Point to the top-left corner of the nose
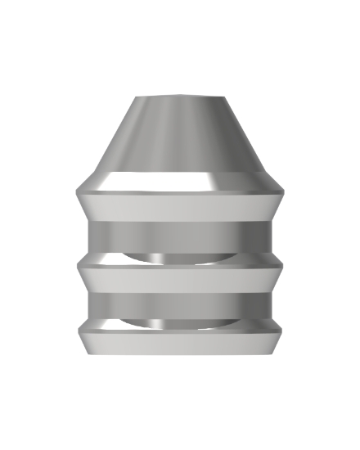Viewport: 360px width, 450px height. coord(133,98)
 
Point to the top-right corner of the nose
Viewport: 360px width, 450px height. coord(226,98)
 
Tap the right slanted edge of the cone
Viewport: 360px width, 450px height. coord(246,139)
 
